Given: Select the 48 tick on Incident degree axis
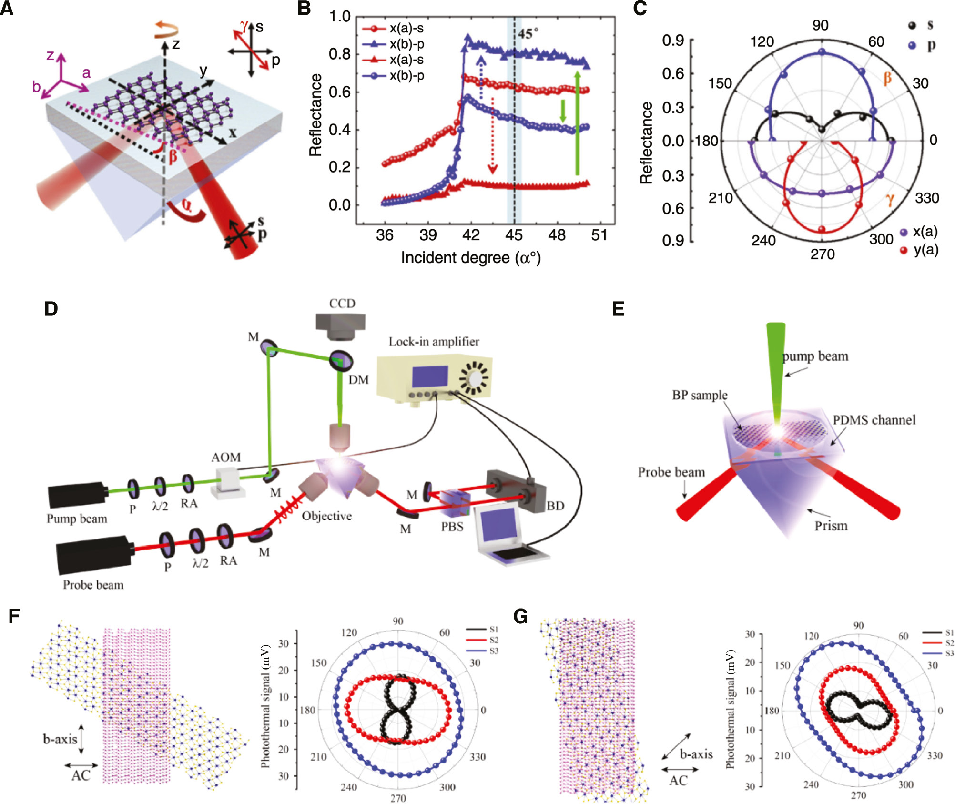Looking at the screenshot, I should (x=557, y=235).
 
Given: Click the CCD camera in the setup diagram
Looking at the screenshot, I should (x=340, y=326).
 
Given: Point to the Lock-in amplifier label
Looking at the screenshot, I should (x=434, y=341).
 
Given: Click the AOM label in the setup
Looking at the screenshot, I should (x=226, y=457).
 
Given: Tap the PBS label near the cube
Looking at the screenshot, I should (x=452, y=527).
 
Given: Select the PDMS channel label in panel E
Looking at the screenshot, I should (x=874, y=420).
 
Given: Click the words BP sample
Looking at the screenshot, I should (x=700, y=395).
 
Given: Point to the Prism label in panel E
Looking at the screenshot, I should (x=831, y=526).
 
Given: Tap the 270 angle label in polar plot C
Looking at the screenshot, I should (x=823, y=254).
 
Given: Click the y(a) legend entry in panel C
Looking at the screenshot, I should (x=925, y=250).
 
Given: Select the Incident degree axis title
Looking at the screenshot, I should (x=470, y=258).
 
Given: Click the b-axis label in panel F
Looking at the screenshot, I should (x=60, y=739).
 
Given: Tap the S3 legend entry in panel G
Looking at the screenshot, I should (x=949, y=653).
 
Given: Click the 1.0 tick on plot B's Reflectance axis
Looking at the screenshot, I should (x=340, y=16).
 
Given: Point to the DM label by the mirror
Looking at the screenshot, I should (x=358, y=380).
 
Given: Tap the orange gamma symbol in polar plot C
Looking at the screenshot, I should (x=890, y=199).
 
